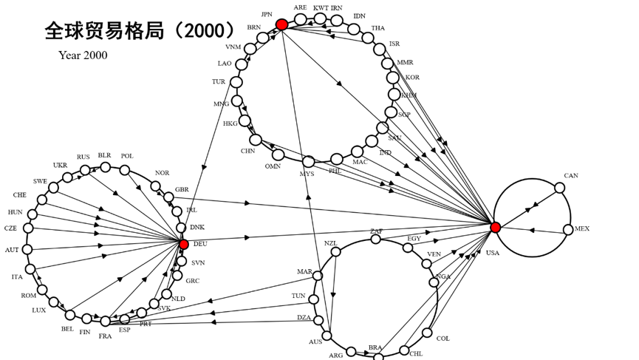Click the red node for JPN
pyautogui.click(x=281, y=25)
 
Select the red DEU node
pyautogui.click(x=184, y=244)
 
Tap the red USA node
pyautogui.click(x=496, y=227)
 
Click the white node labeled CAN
pyautogui.click(x=559, y=188)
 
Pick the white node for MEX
pyautogui.click(x=568, y=230)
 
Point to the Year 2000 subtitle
pyautogui.click(x=83, y=55)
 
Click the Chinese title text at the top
pyautogui.click(x=140, y=30)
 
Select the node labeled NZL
pyautogui.click(x=336, y=251)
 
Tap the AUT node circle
pyautogui.click(x=28, y=250)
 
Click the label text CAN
pyautogui.click(x=571, y=176)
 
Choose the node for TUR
pyautogui.click(x=238, y=82)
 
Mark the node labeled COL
pyautogui.click(x=427, y=333)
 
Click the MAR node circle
pyautogui.click(x=318, y=276)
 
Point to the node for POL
pyautogui.click(x=125, y=169)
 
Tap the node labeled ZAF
pyautogui.click(x=377, y=239)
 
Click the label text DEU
pyautogui.click(x=200, y=243)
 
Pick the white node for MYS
pyautogui.click(x=308, y=161)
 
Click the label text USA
pyautogui.click(x=493, y=253)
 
